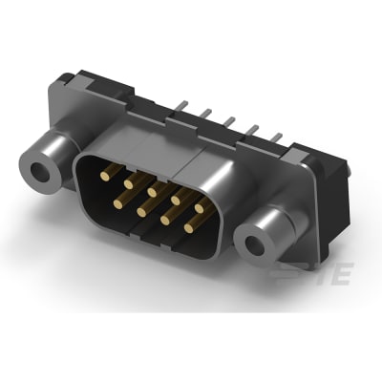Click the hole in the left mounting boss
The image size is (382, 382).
(41, 173)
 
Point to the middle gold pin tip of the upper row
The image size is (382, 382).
(151, 181)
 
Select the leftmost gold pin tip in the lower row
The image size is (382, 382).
(118, 202)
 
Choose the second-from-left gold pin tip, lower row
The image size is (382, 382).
(142, 208)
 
